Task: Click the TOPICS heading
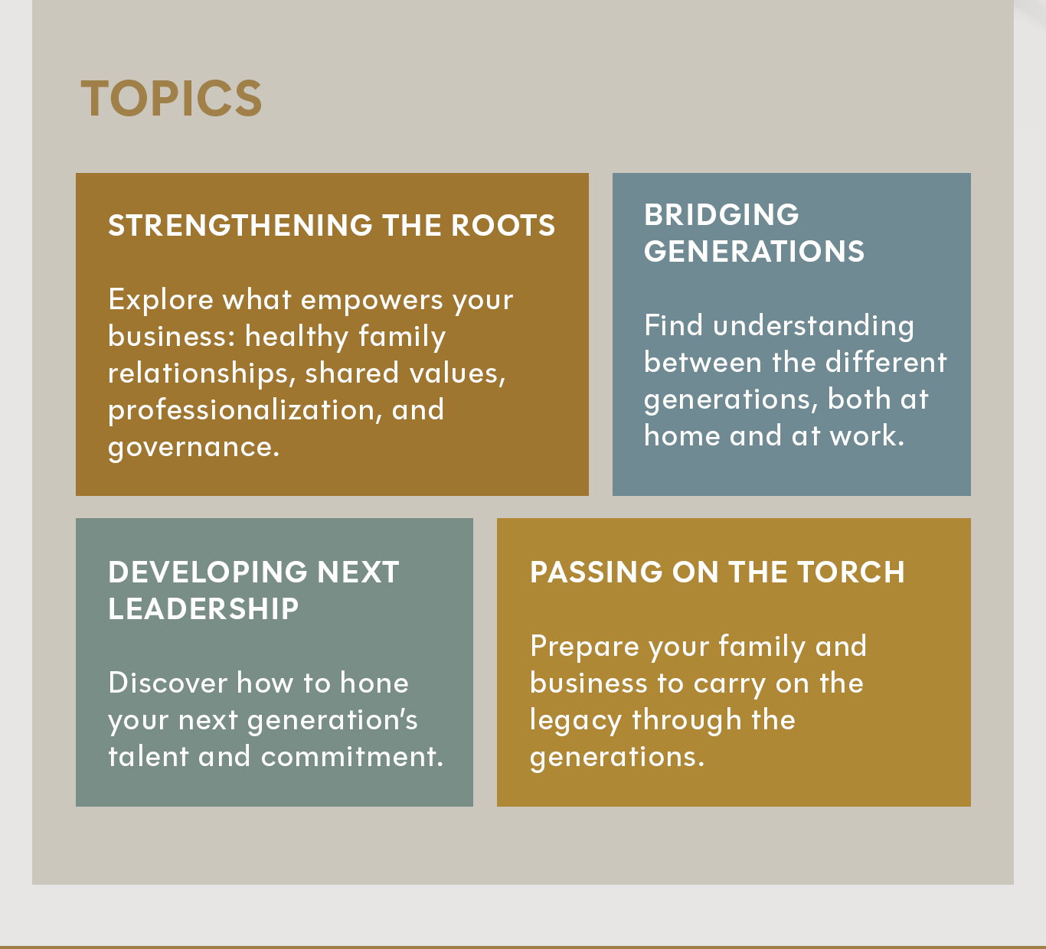click(x=172, y=99)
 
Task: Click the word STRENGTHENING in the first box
click(x=240, y=226)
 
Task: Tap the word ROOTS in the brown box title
click(x=502, y=226)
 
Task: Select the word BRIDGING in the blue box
click(x=721, y=215)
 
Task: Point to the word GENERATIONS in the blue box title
click(x=753, y=252)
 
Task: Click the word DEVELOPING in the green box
click(x=206, y=572)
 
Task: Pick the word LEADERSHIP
click(x=203, y=609)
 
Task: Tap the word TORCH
click(x=850, y=572)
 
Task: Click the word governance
click(x=193, y=447)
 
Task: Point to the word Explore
click(x=161, y=300)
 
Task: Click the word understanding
click(x=813, y=327)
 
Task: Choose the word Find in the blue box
click(x=673, y=326)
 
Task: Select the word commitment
click(x=351, y=757)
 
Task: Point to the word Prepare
click(x=584, y=647)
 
